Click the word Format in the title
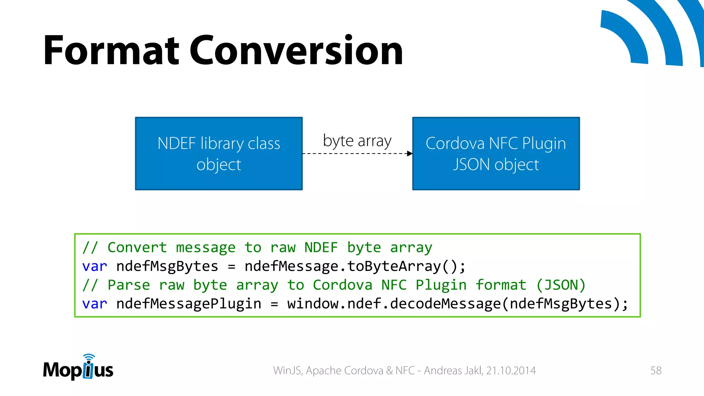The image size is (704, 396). [111, 51]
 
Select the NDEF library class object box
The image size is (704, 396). [219, 154]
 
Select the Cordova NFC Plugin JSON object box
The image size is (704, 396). [496, 154]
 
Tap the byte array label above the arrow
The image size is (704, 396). [357, 141]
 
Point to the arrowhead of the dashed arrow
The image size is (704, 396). [409, 153]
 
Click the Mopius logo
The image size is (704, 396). [78, 368]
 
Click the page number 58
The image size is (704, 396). [656, 371]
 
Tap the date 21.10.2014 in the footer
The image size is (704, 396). [511, 371]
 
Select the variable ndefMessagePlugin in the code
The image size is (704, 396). [189, 304]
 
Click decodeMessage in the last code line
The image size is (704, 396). [445, 304]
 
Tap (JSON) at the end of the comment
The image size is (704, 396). [561, 285]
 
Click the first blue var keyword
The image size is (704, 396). [95, 266]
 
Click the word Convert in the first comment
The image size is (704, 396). [137, 247]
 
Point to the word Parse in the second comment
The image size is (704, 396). [129, 285]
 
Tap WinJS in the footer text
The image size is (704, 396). [287, 371]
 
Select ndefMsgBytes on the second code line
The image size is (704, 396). [167, 266]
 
